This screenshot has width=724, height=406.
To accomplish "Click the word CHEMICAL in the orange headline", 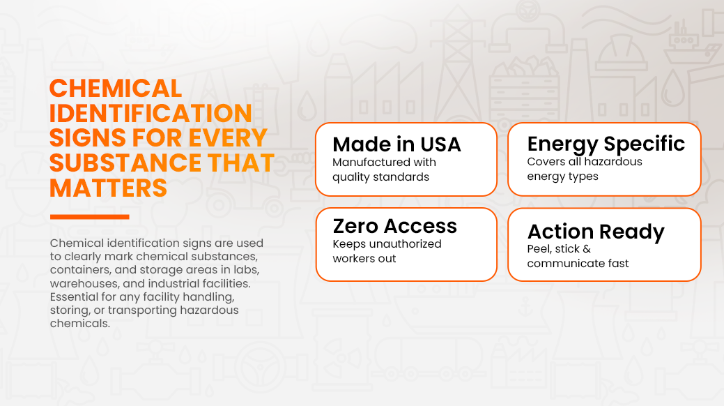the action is click(x=116, y=89).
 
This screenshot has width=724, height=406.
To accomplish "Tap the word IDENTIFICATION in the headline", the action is click(x=151, y=113).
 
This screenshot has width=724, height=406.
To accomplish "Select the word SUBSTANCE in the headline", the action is click(x=125, y=163).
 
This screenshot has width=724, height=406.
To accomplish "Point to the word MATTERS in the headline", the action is click(x=108, y=188).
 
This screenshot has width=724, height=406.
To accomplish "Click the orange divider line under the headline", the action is click(x=90, y=216).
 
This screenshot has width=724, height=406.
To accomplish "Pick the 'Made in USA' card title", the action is click(x=396, y=144).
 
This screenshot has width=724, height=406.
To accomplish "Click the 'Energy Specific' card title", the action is click(x=606, y=144).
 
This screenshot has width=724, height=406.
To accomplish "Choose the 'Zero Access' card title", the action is click(x=395, y=226).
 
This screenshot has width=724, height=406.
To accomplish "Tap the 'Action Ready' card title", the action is click(x=596, y=232).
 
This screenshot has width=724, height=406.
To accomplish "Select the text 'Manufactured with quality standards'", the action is click(x=384, y=170).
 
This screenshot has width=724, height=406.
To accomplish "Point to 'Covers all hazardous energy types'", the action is click(x=585, y=169).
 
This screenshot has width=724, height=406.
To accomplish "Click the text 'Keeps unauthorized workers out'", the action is click(x=387, y=251).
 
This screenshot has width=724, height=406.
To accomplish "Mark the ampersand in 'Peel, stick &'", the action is click(x=587, y=249).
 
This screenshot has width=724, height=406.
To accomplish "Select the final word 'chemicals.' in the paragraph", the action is click(x=80, y=323).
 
